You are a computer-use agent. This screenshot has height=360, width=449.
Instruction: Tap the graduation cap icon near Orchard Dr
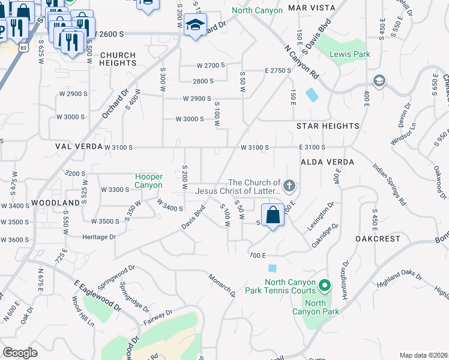(195, 26)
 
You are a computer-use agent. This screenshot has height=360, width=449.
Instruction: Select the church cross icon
(289, 185)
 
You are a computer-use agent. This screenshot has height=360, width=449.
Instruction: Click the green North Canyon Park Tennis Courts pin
(325, 285)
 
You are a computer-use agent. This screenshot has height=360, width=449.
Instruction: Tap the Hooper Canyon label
(149, 181)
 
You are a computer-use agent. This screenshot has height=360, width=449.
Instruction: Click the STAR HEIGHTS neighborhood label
(328, 126)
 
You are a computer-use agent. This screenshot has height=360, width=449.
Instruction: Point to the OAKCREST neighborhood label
(378, 238)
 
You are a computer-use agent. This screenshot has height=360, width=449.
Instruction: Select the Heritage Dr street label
(99, 237)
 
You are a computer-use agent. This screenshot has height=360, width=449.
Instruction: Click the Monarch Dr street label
(222, 285)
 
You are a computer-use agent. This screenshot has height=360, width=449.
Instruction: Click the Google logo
(20, 353)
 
